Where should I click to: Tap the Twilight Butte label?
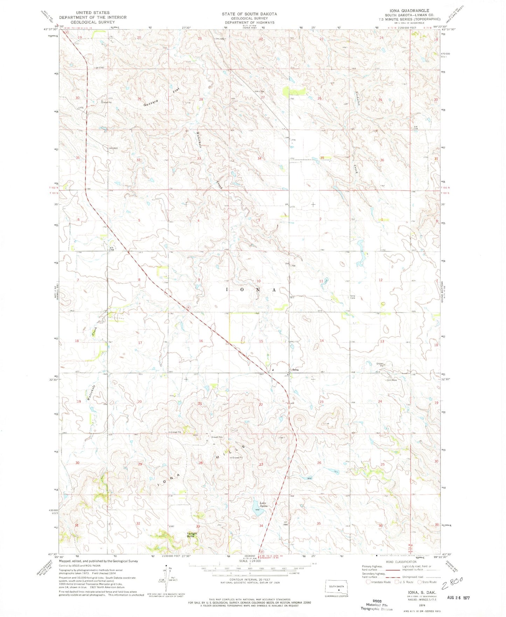(x=192, y=535)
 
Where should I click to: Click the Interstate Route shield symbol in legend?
(x=368, y=582)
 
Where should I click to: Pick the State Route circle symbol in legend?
(x=420, y=582)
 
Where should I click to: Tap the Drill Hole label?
(x=391, y=380)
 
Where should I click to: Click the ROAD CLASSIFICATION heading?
(x=401, y=562)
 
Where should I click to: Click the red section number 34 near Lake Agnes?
(x=261, y=526)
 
